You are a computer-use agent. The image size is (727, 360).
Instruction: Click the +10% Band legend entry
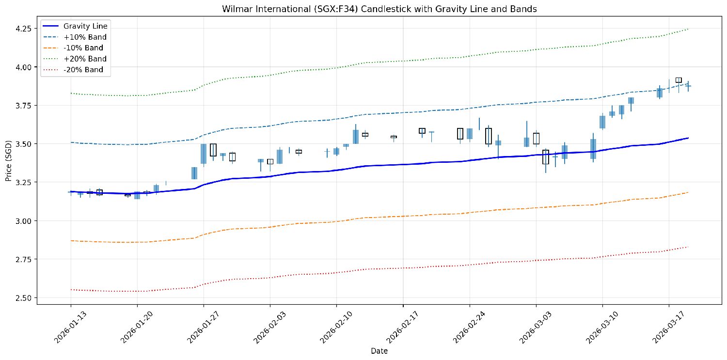point(85,37)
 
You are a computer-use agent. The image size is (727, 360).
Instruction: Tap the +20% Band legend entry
point(85,59)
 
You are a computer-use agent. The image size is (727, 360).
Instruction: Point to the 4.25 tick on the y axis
point(23,29)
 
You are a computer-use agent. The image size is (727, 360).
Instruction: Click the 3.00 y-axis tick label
point(23,221)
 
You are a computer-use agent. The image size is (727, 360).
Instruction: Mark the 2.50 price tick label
point(23,298)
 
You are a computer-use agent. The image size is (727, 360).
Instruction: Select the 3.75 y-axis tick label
point(23,106)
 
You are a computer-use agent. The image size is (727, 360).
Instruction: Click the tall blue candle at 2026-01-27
point(204,154)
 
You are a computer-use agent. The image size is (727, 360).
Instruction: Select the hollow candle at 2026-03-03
point(536,139)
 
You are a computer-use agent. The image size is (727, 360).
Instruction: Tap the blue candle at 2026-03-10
point(602,122)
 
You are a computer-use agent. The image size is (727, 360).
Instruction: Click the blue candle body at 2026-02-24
point(470,134)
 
